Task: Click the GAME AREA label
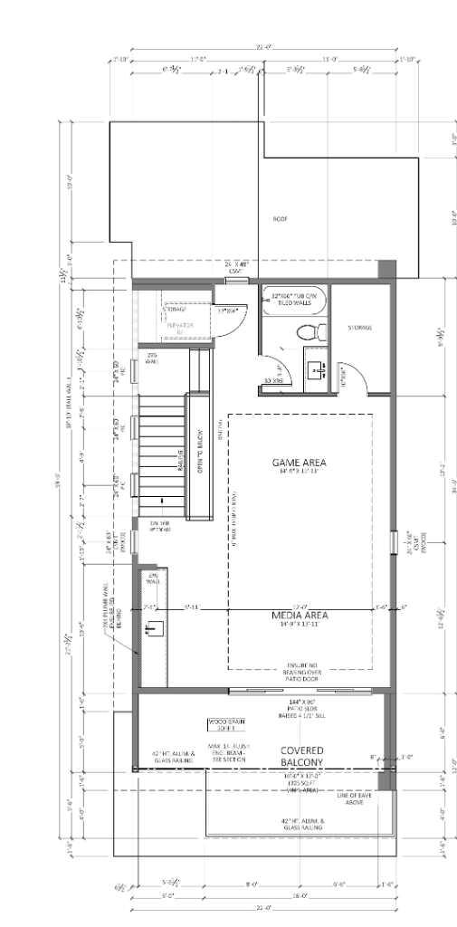click(x=299, y=463)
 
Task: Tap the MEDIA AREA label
click(x=299, y=616)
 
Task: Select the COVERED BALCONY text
click(x=301, y=757)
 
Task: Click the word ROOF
click(x=280, y=219)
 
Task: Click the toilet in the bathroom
click(x=305, y=332)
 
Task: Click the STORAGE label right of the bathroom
click(x=360, y=328)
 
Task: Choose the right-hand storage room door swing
click(x=359, y=379)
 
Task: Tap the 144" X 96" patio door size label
click(x=296, y=702)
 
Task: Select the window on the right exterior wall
click(x=392, y=541)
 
